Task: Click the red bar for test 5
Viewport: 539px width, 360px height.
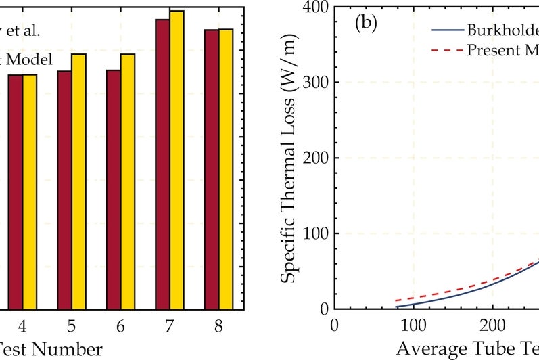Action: (64, 189)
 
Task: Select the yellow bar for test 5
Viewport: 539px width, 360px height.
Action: (79, 181)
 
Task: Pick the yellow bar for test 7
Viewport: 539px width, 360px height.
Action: (177, 160)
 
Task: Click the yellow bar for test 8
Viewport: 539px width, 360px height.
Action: (225, 168)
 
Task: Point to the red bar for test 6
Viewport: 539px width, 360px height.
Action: (113, 189)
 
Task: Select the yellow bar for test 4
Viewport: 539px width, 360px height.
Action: (30, 192)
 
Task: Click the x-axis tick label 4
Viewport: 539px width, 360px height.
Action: (22, 325)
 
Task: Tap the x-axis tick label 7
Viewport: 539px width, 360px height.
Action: (169, 325)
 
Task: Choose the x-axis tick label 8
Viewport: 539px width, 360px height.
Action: (218, 325)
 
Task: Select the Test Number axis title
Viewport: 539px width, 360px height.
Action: (51, 349)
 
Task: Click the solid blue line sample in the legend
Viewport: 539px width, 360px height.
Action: (446, 30)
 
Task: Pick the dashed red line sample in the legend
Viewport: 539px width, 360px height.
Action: (446, 50)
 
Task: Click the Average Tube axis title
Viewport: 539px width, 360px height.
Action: (467, 349)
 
